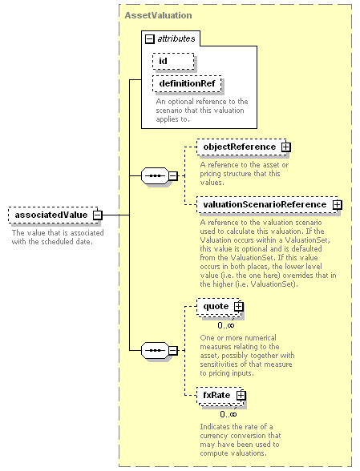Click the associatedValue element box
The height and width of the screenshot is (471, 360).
pos(53,215)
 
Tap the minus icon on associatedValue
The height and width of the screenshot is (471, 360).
pos(98,215)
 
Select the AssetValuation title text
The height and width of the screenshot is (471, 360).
pos(158,15)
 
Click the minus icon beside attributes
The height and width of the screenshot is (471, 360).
pos(149,39)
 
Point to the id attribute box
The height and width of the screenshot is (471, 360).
pos(173,61)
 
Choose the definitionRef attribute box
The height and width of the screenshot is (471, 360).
pos(187,83)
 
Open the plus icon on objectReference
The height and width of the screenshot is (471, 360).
pos(285,147)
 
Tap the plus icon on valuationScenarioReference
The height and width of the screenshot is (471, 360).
pos(337,205)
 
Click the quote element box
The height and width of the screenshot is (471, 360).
pos(219,307)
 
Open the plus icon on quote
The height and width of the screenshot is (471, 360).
pos(238,306)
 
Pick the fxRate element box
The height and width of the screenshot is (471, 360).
pos(220,396)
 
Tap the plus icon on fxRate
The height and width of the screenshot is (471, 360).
pos(241,396)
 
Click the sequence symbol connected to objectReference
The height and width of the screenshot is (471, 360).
pos(155,175)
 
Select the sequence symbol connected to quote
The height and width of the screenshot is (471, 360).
pos(155,350)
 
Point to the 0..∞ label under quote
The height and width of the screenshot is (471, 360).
pos(226,325)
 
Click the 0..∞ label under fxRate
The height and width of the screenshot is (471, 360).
pos(229,415)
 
